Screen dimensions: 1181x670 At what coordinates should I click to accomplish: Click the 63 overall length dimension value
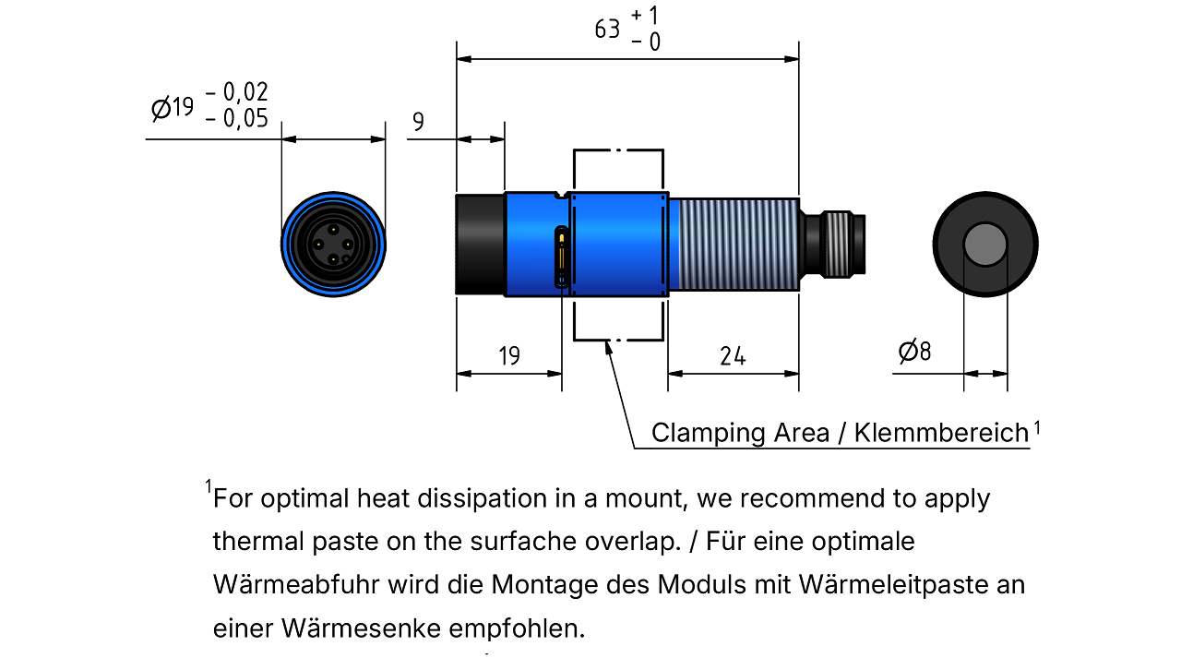click(x=607, y=30)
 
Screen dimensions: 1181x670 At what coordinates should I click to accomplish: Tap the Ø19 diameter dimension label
click(x=173, y=108)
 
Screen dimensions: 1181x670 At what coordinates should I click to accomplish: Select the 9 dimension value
click(x=418, y=121)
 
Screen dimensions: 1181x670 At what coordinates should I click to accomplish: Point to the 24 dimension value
click(x=733, y=356)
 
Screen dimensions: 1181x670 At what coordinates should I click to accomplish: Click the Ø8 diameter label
click(x=914, y=351)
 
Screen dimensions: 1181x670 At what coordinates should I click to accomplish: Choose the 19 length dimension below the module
click(x=509, y=356)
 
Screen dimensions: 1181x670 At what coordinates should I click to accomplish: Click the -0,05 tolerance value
click(x=237, y=118)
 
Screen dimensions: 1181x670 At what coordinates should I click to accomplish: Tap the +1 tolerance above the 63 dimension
click(x=645, y=16)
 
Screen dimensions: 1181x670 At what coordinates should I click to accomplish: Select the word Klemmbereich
click(x=942, y=433)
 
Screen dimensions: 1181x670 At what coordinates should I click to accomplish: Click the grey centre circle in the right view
click(x=985, y=245)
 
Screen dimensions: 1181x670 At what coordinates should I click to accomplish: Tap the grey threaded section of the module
click(x=738, y=245)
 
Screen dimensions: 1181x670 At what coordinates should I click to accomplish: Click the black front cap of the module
click(x=480, y=245)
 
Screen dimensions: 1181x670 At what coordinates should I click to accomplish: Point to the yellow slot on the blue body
click(x=562, y=257)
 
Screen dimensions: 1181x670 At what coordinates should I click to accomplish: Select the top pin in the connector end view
click(x=333, y=230)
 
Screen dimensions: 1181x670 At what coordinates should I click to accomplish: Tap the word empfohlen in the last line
click(x=517, y=628)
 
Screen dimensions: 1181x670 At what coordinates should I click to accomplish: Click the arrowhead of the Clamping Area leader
click(x=608, y=348)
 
